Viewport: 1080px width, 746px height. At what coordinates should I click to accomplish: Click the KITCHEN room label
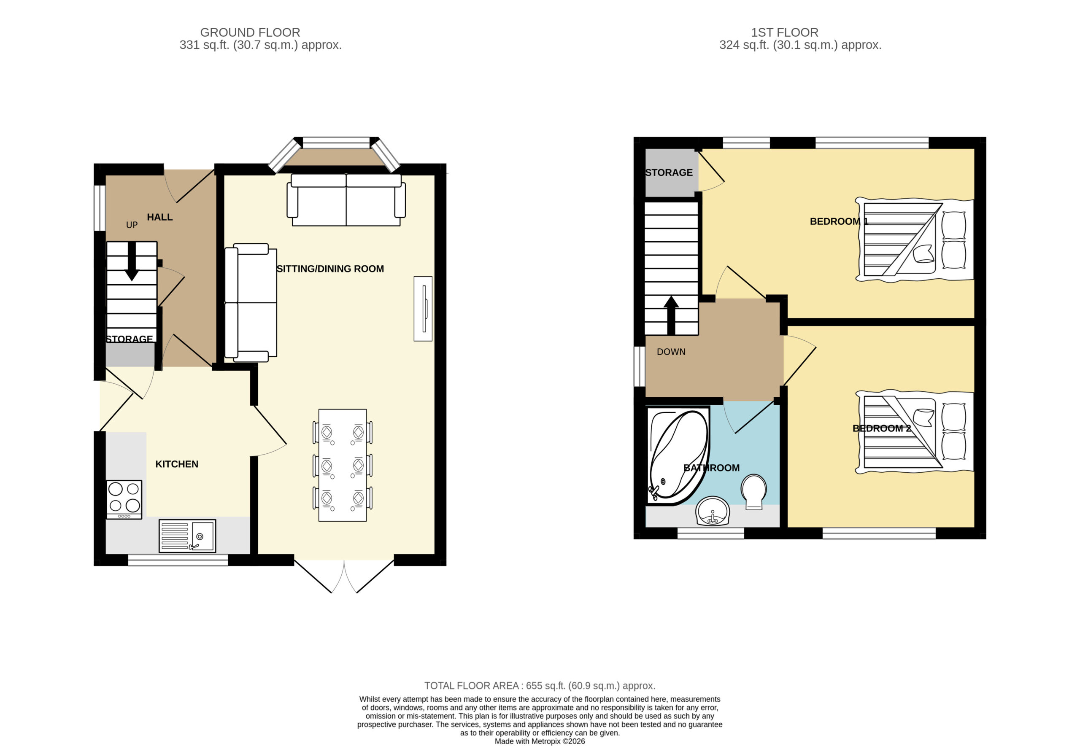[x=177, y=464]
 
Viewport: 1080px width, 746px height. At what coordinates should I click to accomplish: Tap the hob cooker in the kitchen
[x=124, y=499]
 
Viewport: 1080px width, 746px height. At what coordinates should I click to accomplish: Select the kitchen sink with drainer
[x=187, y=536]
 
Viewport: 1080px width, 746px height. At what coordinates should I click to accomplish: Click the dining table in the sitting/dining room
[x=343, y=465]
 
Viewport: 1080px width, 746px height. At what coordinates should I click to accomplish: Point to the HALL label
[x=160, y=217]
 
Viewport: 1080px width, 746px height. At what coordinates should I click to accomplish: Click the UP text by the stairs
[x=132, y=225]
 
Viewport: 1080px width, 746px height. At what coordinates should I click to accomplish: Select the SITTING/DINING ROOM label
[x=330, y=269]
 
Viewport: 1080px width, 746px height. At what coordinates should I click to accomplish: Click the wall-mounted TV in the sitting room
[x=423, y=309]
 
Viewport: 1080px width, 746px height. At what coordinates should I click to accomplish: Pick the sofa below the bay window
[x=346, y=200]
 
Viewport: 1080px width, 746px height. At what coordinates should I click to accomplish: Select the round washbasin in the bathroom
[x=713, y=511]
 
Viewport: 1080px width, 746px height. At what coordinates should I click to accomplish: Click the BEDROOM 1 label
[x=839, y=221]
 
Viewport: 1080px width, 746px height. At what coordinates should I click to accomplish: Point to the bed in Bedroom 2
[x=915, y=432]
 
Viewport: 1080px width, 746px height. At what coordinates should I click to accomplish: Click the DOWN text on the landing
[x=671, y=352]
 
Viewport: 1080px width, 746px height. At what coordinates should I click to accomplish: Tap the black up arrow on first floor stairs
[x=671, y=315]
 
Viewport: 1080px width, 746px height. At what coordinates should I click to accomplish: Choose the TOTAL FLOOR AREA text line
[x=540, y=686]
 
